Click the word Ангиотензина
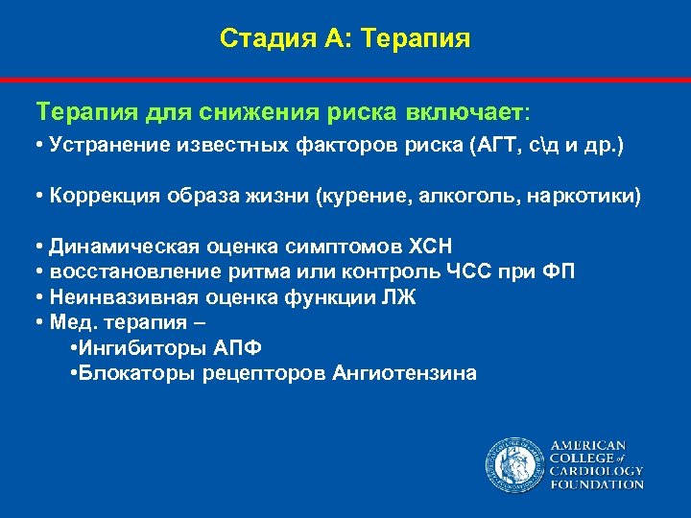403,373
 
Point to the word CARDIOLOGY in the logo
596,471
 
